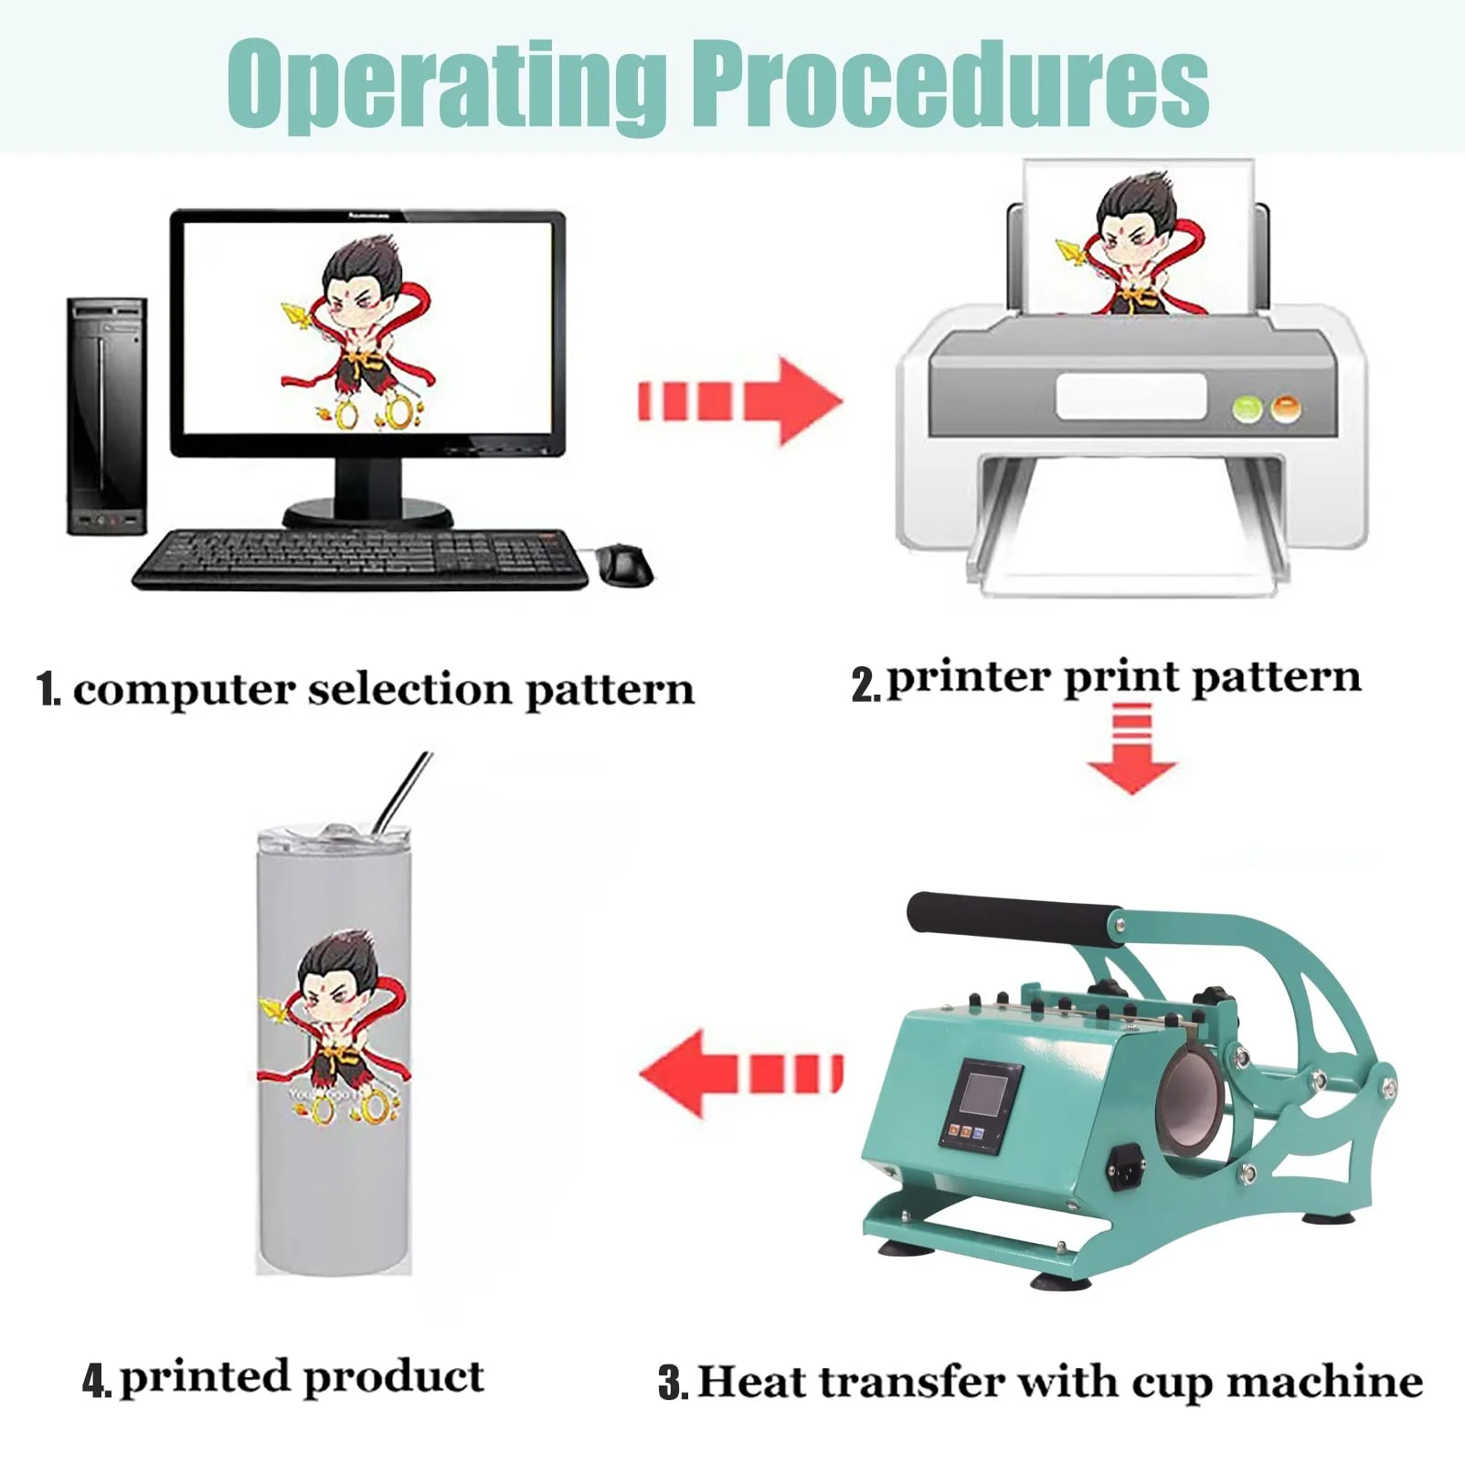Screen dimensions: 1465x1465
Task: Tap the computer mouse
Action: pyautogui.click(x=627, y=563)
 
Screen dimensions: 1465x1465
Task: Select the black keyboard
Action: pyautogui.click(x=362, y=559)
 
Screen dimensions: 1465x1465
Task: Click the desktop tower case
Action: pyautogui.click(x=107, y=416)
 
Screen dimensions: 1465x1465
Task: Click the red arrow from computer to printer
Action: pyautogui.click(x=739, y=401)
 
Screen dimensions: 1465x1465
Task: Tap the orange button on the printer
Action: pyautogui.click(x=1286, y=408)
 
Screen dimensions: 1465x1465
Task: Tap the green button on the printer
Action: pyautogui.click(x=1247, y=409)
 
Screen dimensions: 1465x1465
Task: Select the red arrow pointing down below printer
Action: pyautogui.click(x=1132, y=748)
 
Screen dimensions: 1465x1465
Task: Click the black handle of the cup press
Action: pyautogui.click(x=1014, y=918)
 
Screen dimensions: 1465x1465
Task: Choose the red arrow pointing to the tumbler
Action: pyautogui.click(x=740, y=1073)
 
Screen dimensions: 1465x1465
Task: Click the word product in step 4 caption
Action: pyautogui.click(x=393, y=1378)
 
